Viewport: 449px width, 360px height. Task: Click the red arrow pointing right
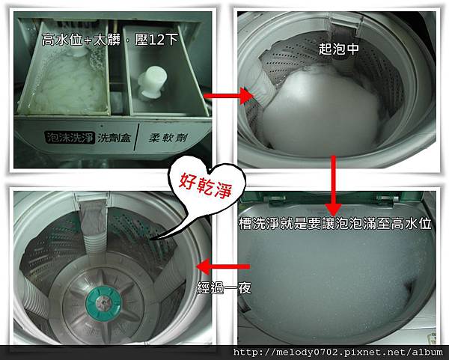(x=228, y=96)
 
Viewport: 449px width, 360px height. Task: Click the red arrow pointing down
(x=333, y=186)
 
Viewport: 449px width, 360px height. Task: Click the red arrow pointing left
(x=223, y=266)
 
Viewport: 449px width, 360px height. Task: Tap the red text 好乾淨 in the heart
(x=206, y=186)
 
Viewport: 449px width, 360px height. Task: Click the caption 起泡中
(x=338, y=49)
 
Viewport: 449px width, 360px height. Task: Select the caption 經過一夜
(x=224, y=288)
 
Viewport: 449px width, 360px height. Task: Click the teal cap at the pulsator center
(x=103, y=302)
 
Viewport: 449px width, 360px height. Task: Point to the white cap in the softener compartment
(x=151, y=82)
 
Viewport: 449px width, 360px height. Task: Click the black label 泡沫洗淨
(x=70, y=138)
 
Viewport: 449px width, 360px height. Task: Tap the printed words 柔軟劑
(x=168, y=138)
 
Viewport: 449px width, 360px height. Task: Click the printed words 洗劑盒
(x=114, y=138)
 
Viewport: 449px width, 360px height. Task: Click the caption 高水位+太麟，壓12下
(x=110, y=40)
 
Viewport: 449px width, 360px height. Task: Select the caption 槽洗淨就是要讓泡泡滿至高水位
(x=335, y=223)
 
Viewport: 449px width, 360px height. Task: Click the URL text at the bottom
(x=338, y=352)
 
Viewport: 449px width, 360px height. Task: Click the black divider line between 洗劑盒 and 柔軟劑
(x=137, y=137)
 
